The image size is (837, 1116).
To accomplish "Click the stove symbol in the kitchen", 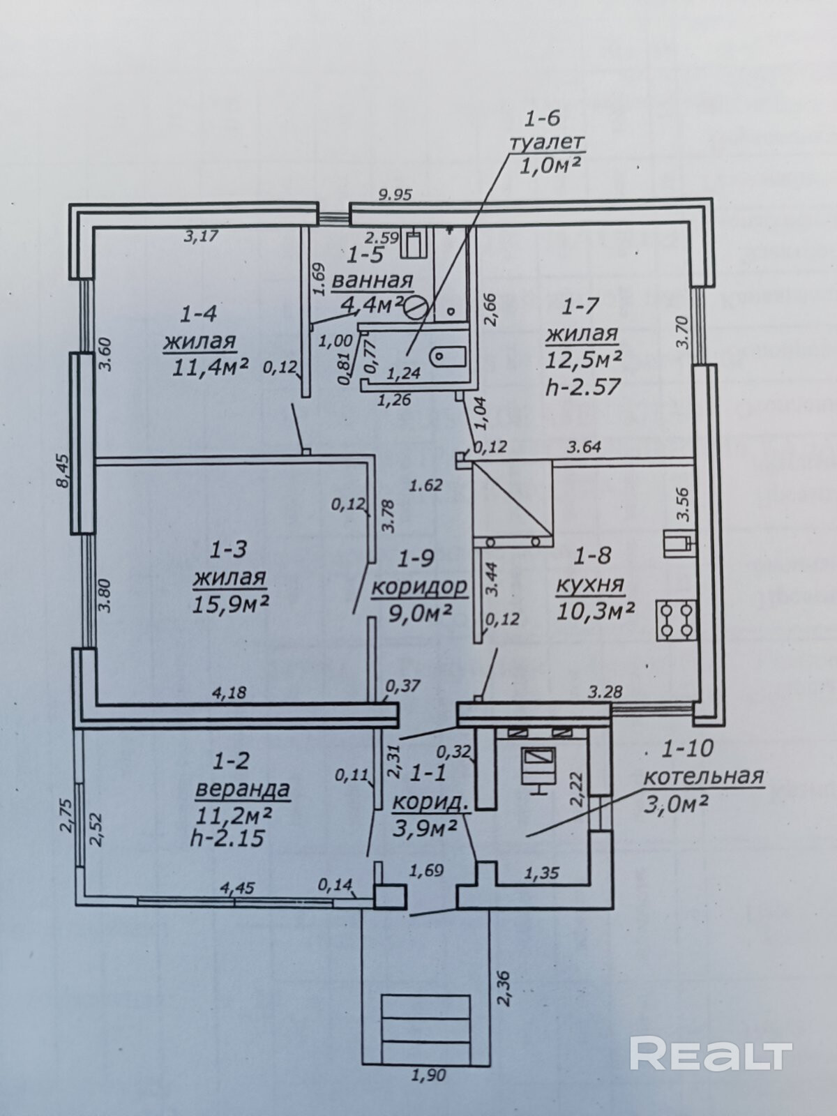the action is (x=676, y=619).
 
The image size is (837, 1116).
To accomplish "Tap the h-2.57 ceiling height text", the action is (x=583, y=386).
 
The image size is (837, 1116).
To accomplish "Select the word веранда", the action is (x=243, y=789).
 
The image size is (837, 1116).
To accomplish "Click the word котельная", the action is (x=704, y=776).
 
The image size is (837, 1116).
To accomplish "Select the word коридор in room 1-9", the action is (x=418, y=587).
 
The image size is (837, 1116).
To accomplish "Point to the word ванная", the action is (x=372, y=281).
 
